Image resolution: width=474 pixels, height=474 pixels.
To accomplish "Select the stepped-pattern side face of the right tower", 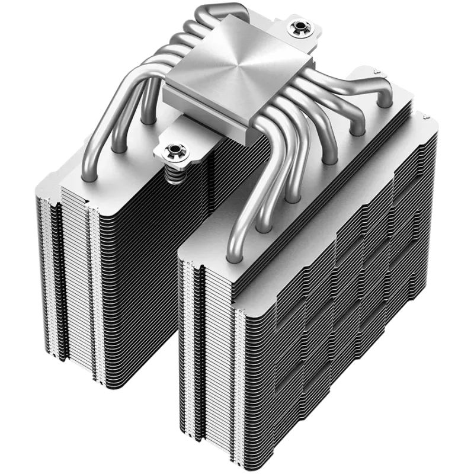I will [344, 308].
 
